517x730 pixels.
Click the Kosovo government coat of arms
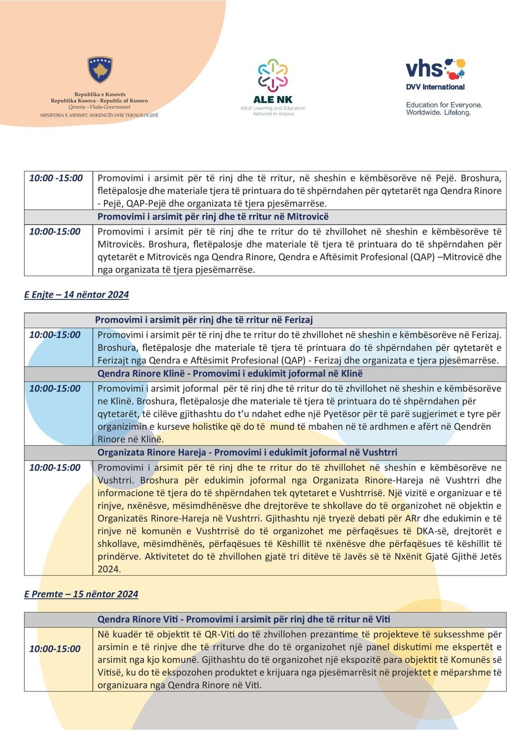click(100, 71)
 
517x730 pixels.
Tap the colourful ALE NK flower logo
click(273, 75)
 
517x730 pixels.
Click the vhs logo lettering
click(425, 69)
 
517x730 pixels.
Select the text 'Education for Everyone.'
click(444, 105)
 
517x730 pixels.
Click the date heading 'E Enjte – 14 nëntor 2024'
click(76, 295)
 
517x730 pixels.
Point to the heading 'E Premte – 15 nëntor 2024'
click(81, 594)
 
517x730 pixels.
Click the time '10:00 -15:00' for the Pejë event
click(56, 178)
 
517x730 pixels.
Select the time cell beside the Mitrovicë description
click(55, 231)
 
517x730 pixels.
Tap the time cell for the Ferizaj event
click(55, 335)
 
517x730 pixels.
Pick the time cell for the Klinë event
click(55, 388)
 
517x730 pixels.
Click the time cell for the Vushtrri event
click(55, 468)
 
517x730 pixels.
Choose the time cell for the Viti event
click(55, 649)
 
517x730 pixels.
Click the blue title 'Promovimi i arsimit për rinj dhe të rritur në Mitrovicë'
click(213, 217)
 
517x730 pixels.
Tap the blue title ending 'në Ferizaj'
click(204, 320)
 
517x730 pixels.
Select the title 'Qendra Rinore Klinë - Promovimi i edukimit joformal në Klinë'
click(230, 374)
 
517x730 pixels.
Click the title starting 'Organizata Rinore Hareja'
click(247, 452)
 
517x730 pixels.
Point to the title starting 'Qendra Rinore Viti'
click(244, 619)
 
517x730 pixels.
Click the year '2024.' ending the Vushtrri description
click(109, 569)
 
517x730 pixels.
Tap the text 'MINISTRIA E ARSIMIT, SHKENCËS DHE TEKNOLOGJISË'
click(99, 115)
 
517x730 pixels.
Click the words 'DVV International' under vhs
click(435, 87)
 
